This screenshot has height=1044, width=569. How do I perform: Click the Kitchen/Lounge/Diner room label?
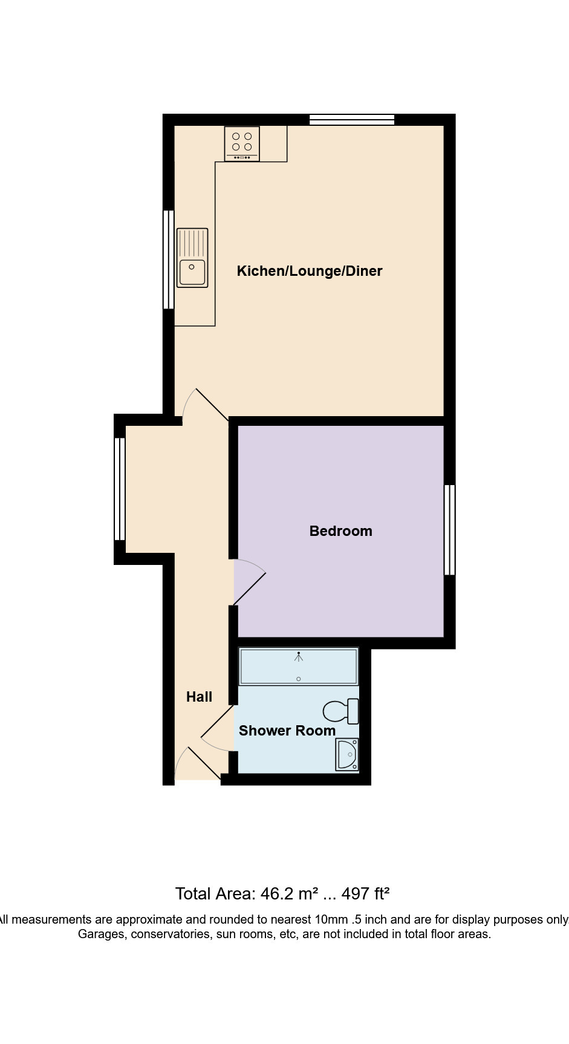click(310, 271)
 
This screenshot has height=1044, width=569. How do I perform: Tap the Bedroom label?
click(340, 531)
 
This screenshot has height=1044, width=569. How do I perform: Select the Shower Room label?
click(287, 731)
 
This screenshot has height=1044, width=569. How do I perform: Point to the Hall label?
click(199, 697)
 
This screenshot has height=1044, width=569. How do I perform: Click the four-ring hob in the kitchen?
click(242, 143)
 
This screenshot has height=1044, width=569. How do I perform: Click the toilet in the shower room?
click(341, 711)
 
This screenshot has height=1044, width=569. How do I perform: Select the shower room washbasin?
click(347, 754)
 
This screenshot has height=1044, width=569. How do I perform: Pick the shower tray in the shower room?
click(299, 667)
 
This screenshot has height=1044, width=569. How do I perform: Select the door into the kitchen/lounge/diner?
click(206, 403)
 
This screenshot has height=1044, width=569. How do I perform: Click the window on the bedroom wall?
click(449, 529)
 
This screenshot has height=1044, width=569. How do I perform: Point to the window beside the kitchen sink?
click(169, 259)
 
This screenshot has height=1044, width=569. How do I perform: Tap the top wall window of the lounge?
click(352, 119)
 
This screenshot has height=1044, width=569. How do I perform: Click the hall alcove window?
click(120, 489)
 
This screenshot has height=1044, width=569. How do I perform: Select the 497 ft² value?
click(366, 893)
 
